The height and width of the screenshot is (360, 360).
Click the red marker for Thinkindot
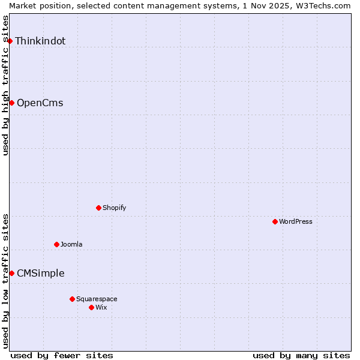pos(10,41)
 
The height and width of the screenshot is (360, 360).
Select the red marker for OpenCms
pos(11,103)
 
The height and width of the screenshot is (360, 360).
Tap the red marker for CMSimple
pos(11,273)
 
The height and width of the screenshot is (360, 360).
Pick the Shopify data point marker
pos(99,208)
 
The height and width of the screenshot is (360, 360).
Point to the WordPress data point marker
pos(275,221)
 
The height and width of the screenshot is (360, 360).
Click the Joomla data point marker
pos(57,244)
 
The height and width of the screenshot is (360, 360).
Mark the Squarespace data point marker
pos(73,299)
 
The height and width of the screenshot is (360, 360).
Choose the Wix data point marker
pos(92,307)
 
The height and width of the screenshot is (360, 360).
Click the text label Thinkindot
pos(40,41)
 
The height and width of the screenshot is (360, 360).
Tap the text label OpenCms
pos(40,103)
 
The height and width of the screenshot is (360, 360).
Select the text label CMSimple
pos(40,273)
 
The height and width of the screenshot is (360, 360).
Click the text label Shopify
pos(114,208)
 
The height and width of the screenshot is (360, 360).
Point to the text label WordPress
pos(295,221)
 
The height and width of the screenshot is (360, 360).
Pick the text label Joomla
pos(71,244)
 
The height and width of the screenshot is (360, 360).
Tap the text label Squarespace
pos(97,299)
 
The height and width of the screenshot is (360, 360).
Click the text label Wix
pos(101,307)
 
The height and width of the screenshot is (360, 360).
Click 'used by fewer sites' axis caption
pos(62,355)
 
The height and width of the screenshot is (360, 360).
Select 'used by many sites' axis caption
pos(301,355)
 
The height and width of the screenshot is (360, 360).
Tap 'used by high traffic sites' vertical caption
pos(5,85)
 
